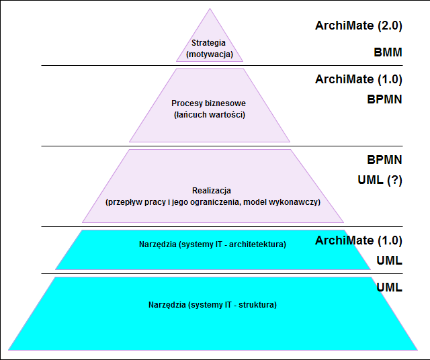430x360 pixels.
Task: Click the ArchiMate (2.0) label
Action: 358,26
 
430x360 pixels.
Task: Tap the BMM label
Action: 388,52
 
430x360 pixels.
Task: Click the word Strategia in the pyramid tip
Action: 208,43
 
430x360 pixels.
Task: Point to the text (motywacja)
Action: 210,54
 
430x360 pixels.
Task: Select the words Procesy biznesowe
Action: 208,103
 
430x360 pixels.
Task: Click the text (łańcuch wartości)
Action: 210,115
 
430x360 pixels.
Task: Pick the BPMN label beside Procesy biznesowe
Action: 384,99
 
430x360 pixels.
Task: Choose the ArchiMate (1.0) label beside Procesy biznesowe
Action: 358,79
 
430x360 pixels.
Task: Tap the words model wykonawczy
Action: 282,202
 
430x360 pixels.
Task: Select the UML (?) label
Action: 380,180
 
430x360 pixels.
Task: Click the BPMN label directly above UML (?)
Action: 384,160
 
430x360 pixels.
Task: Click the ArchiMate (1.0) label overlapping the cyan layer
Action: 358,240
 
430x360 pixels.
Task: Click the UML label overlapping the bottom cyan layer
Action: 389,287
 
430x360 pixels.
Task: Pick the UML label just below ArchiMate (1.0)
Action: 389,261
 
